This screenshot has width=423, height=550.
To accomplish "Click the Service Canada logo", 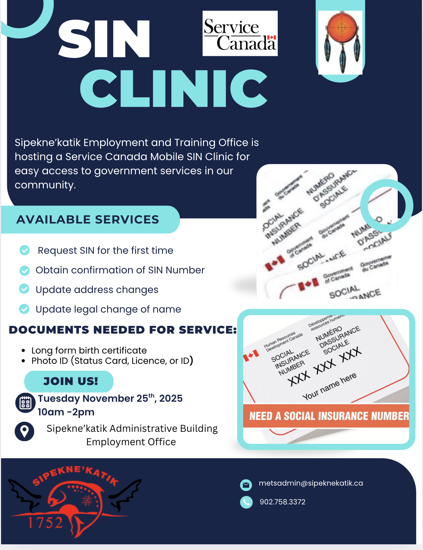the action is coord(240,33).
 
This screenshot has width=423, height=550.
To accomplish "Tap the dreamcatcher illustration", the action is coord(341,42).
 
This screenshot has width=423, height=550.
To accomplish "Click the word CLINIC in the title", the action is coord(174,89).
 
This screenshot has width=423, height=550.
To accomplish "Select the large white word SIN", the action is coord(104,39).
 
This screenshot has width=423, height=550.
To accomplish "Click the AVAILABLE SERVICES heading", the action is coord(88,220).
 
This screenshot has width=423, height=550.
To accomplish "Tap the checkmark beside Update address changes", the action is coord(24,289).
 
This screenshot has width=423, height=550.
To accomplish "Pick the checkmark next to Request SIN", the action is coord(25,250).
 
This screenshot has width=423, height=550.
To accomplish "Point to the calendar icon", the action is coord(25,403).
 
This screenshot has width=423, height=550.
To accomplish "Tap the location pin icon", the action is coord(25,431).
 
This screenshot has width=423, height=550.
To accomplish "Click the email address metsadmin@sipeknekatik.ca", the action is coord(311,483).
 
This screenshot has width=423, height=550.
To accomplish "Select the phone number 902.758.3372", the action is coord(282,502).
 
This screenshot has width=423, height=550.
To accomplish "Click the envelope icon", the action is coord(246,484).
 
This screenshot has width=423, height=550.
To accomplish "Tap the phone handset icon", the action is coord(246,502).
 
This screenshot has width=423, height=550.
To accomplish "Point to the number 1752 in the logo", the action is coord(45,523).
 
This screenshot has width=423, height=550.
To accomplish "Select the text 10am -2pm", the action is coord(66,412).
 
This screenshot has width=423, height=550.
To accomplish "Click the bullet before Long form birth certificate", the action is coord(23,351).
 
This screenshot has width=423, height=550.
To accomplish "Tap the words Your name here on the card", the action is coord(329,386).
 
